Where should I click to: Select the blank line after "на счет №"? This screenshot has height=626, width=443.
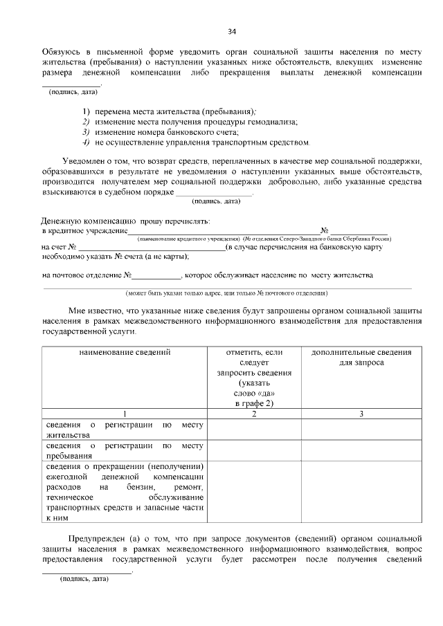pyautogui.click(x=152, y=247)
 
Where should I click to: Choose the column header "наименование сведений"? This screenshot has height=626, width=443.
pyautogui.click(x=125, y=353)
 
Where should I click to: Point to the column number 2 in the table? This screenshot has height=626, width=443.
pyautogui.click(x=254, y=414)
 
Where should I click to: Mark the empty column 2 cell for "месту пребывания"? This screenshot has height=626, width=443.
pyautogui.click(x=254, y=450)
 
